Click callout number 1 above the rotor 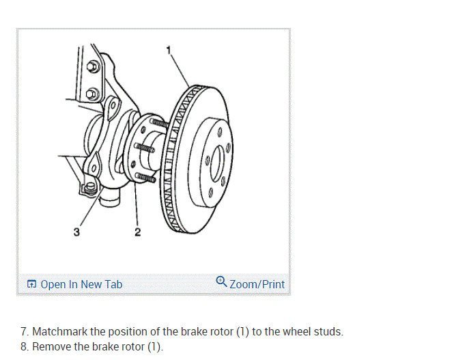[169, 48]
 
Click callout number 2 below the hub [138, 234]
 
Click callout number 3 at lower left [76, 233]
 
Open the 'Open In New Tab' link [81, 284]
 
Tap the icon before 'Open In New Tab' [31, 284]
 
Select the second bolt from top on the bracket [94, 92]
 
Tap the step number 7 [24, 332]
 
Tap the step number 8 [24, 346]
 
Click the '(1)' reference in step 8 [154, 346]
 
